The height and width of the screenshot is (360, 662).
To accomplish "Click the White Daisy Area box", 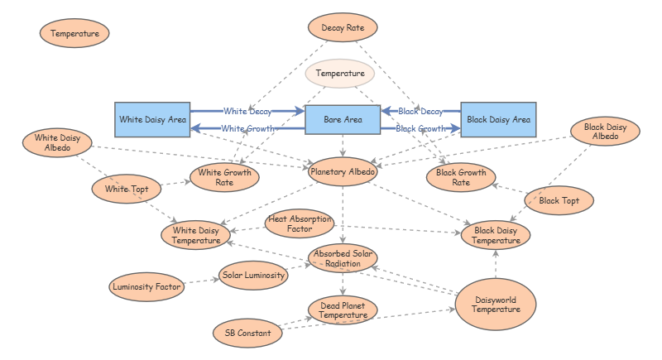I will click(152, 119).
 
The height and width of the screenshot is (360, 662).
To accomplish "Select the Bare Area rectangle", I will click(343, 119).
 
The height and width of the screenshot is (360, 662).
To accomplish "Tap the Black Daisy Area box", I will click(498, 119).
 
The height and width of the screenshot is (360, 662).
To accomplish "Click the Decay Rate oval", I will click(343, 28).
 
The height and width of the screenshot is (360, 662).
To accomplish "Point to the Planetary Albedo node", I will click(343, 173).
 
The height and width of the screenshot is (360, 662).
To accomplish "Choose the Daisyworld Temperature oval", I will click(496, 304).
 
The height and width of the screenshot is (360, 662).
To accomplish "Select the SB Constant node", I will click(247, 334).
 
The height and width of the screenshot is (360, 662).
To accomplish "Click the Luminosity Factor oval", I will click(145, 287).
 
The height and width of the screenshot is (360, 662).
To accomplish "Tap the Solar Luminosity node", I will click(253, 274).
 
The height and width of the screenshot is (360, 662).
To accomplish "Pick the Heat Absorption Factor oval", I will click(299, 223).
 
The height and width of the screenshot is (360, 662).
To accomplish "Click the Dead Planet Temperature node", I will click(343, 310).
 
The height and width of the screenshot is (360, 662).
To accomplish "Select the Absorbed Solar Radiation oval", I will click(343, 257).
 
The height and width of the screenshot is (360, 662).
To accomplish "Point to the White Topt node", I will click(127, 189).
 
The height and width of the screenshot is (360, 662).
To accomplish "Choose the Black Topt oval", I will click(559, 200).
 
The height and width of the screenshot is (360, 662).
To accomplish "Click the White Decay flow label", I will click(247, 110).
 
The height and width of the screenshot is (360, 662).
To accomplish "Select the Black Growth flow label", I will click(420, 128).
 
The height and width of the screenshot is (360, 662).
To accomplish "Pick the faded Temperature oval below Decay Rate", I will click(340, 74).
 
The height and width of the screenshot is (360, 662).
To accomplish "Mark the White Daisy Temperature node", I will click(196, 235).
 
